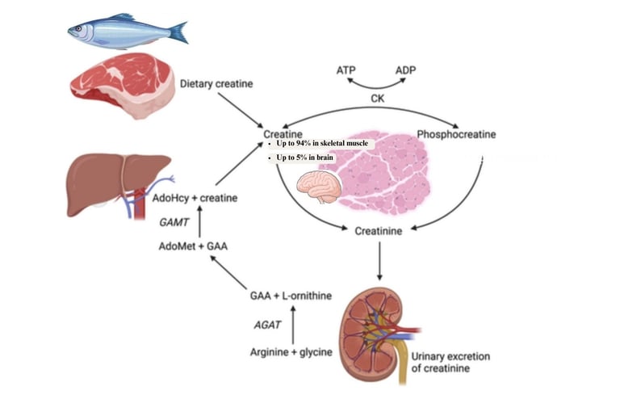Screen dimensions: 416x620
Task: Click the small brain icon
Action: [319, 187]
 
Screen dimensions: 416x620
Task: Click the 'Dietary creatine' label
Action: [216, 83]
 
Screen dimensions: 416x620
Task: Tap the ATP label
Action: [346, 71]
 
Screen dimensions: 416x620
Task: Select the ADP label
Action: [406, 71]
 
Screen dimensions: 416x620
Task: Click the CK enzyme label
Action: [377, 99]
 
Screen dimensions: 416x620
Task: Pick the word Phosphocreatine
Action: [456, 133]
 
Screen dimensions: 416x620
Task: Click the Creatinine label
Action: [379, 231]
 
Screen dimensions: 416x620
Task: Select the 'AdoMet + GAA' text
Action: [193, 246]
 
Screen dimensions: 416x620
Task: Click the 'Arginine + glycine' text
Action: [291, 352]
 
